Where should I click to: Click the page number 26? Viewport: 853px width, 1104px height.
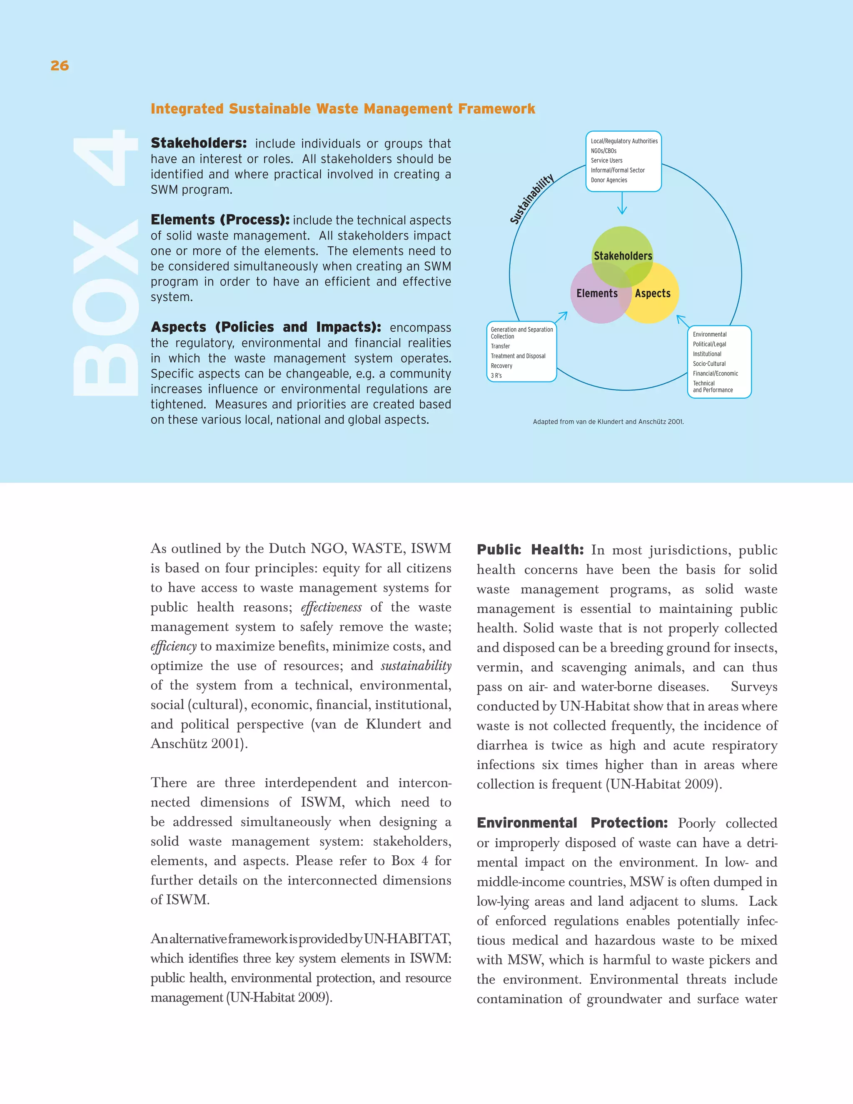click(x=60, y=66)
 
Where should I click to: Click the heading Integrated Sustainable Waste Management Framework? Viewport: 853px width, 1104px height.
click(x=343, y=109)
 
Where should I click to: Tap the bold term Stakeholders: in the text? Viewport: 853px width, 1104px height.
click(x=199, y=143)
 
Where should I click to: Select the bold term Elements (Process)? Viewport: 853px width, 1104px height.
click(x=220, y=220)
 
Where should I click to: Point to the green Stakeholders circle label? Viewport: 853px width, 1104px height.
click(x=623, y=256)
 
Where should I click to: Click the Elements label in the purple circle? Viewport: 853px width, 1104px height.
click(x=597, y=293)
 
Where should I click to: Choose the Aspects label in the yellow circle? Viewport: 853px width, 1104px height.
click(x=652, y=293)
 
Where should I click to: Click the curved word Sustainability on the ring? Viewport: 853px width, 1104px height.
click(x=531, y=199)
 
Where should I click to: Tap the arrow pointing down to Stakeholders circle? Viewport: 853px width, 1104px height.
click(x=622, y=205)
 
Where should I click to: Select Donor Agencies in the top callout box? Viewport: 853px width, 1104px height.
click(x=609, y=180)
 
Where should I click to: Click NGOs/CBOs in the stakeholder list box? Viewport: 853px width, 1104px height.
click(x=604, y=151)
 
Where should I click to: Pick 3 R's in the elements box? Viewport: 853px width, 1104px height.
click(x=496, y=376)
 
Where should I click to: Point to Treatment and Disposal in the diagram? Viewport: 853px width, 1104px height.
click(x=518, y=356)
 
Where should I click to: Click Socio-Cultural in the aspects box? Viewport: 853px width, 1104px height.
click(x=709, y=363)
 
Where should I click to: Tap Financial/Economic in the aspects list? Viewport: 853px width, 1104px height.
click(x=715, y=374)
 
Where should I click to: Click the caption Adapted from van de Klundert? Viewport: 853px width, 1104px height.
click(x=608, y=422)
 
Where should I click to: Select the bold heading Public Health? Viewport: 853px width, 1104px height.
click(x=530, y=550)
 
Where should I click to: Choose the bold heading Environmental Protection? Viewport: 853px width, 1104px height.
click(x=572, y=823)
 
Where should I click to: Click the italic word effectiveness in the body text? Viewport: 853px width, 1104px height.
click(x=331, y=607)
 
